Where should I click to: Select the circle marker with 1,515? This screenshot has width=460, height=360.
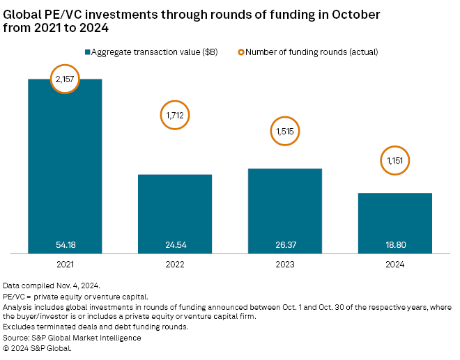pos(284,131)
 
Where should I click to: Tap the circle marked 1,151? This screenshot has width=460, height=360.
pos(394,162)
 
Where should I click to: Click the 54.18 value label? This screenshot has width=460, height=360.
pos(65,244)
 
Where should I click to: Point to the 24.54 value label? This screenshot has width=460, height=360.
pos(175,244)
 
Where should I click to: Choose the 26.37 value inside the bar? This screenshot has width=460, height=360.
pos(285,244)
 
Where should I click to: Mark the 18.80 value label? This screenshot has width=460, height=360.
pos(394,244)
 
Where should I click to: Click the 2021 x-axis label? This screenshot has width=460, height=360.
pos(65,265)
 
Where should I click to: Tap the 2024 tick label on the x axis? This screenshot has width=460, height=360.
pos(394,265)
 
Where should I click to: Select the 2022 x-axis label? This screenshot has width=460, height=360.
pos(175,265)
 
